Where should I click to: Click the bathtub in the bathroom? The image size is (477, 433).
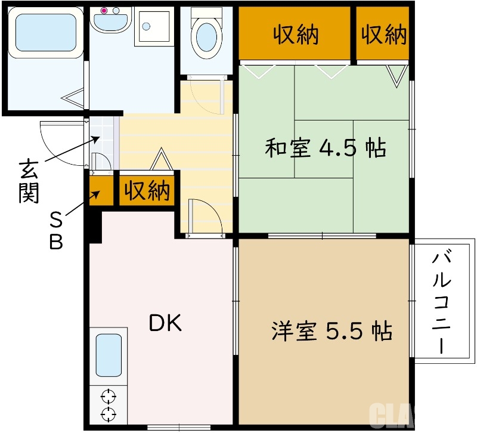pyautogui.click(x=45, y=33)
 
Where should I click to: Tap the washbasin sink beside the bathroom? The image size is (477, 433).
pyautogui.click(x=111, y=23)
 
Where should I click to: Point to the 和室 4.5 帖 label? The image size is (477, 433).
pyautogui.click(x=325, y=147)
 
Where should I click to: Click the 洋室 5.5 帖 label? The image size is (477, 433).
pyautogui.click(x=332, y=330)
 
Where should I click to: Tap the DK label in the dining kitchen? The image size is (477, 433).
pyautogui.click(x=165, y=323)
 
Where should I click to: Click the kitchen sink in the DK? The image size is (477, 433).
pyautogui.click(x=109, y=355)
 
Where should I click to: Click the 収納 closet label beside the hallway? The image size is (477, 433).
pyautogui.click(x=147, y=191)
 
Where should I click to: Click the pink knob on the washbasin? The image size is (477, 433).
pyautogui.click(x=104, y=10)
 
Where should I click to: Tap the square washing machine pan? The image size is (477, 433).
pyautogui.click(x=154, y=26)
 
